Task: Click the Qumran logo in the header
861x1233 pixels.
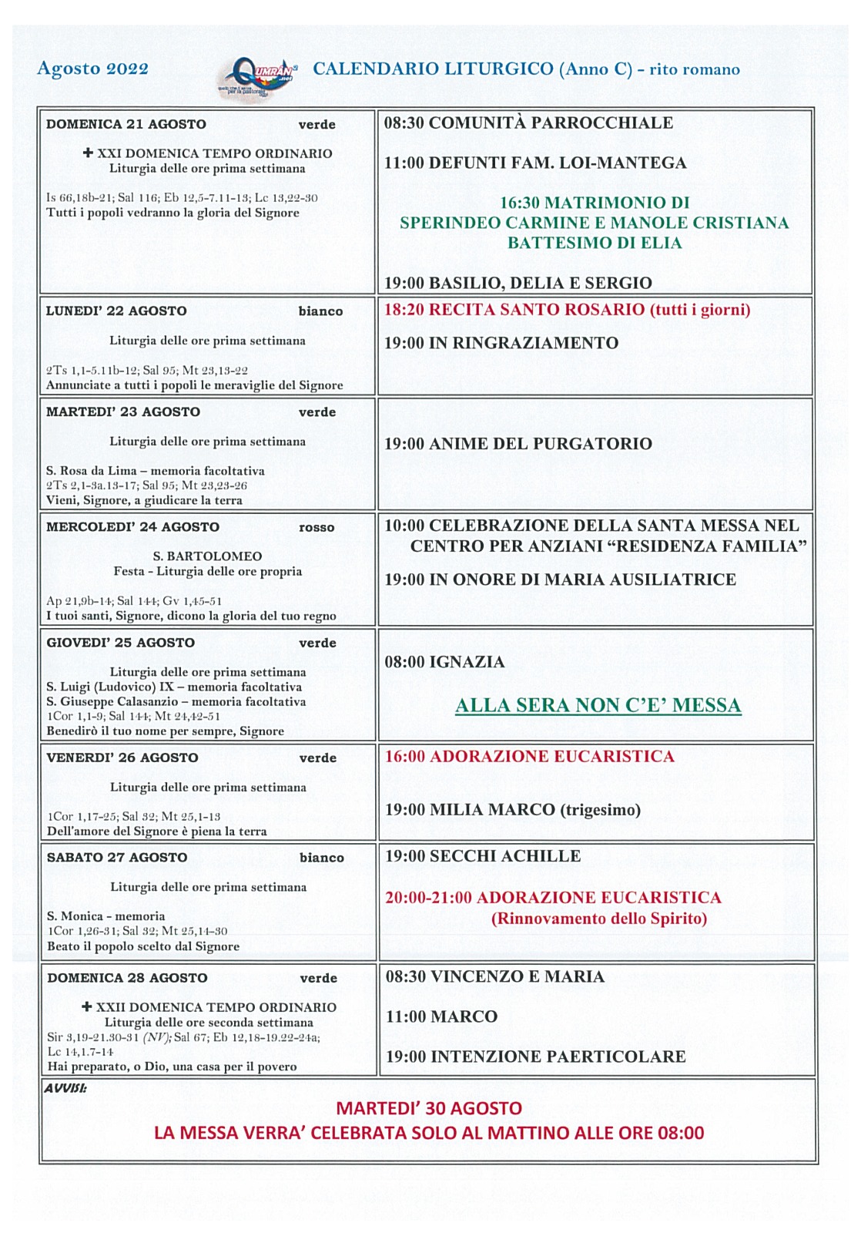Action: click(258, 76)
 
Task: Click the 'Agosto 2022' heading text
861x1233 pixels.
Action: click(92, 69)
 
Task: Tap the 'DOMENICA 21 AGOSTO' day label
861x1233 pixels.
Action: click(126, 124)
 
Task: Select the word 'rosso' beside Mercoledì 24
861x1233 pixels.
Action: click(317, 528)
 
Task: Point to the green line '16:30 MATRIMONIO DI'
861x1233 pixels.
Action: click(595, 203)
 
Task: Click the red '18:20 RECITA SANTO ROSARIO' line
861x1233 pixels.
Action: click(567, 310)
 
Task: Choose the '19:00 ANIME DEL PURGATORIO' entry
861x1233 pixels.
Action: click(518, 444)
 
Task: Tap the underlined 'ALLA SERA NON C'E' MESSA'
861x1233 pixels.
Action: click(598, 706)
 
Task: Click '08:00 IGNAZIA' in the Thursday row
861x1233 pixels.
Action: click(444, 662)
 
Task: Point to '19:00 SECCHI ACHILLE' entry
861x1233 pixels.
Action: click(483, 856)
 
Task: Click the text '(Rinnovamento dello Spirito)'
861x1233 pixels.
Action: click(599, 919)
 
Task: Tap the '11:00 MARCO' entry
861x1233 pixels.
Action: click(441, 1016)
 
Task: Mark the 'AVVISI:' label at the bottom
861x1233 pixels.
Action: click(65, 1088)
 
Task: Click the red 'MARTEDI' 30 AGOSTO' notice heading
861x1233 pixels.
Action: click(429, 1108)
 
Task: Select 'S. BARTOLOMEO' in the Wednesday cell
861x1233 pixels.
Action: click(207, 556)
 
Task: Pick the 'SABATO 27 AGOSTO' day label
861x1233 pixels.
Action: click(117, 858)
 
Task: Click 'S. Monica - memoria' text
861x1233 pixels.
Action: click(106, 916)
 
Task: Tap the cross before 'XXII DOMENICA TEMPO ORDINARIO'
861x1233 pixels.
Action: click(87, 1007)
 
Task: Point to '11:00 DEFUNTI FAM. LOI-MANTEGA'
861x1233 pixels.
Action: click(535, 163)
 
